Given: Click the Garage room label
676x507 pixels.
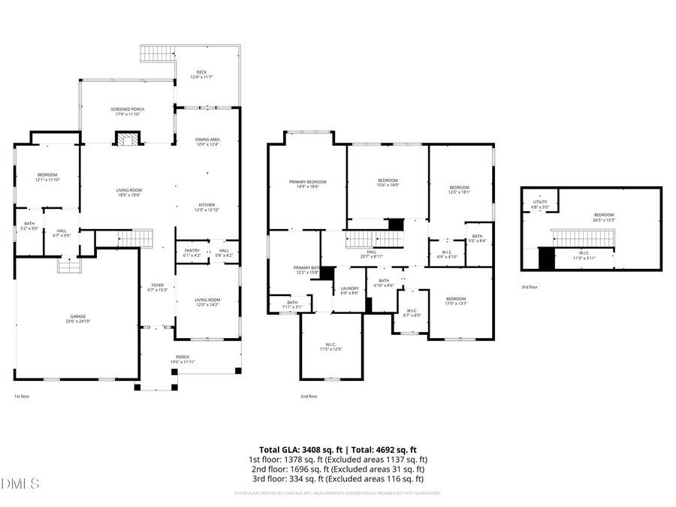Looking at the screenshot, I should point(74,318).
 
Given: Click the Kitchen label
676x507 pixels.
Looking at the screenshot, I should point(207,207).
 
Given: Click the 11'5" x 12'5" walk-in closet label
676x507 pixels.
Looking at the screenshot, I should point(331,346).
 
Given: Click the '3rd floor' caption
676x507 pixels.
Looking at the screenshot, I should point(530,287).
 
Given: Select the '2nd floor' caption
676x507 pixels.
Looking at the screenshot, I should point(309,396).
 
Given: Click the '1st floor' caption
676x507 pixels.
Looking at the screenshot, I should point(22,396).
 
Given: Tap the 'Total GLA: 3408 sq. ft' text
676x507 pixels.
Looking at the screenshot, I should point(295,448).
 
